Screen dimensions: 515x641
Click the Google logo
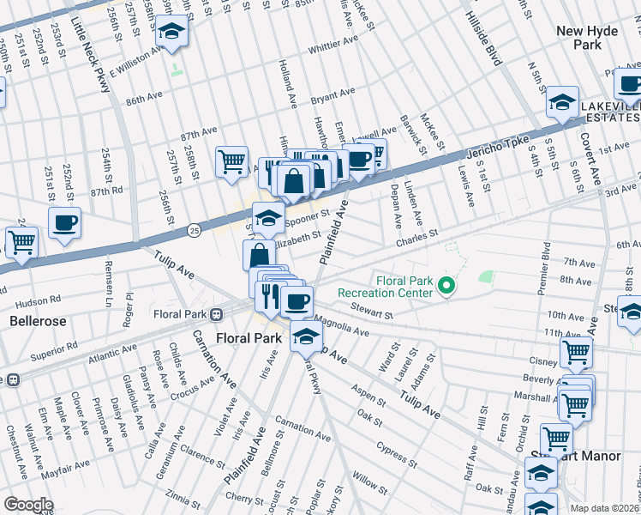(x=28, y=505)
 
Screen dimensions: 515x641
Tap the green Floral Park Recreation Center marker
(x=445, y=286)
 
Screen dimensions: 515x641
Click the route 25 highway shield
(x=195, y=230)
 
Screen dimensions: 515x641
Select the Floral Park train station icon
(x=218, y=314)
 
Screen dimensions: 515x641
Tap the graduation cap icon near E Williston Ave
(x=171, y=33)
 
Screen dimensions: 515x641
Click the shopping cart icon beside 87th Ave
(x=231, y=161)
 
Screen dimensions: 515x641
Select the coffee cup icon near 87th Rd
(x=65, y=224)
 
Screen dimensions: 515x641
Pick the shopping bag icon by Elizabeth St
(x=259, y=256)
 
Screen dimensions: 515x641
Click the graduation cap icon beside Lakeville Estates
(x=561, y=104)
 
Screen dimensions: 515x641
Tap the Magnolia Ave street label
(x=341, y=327)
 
